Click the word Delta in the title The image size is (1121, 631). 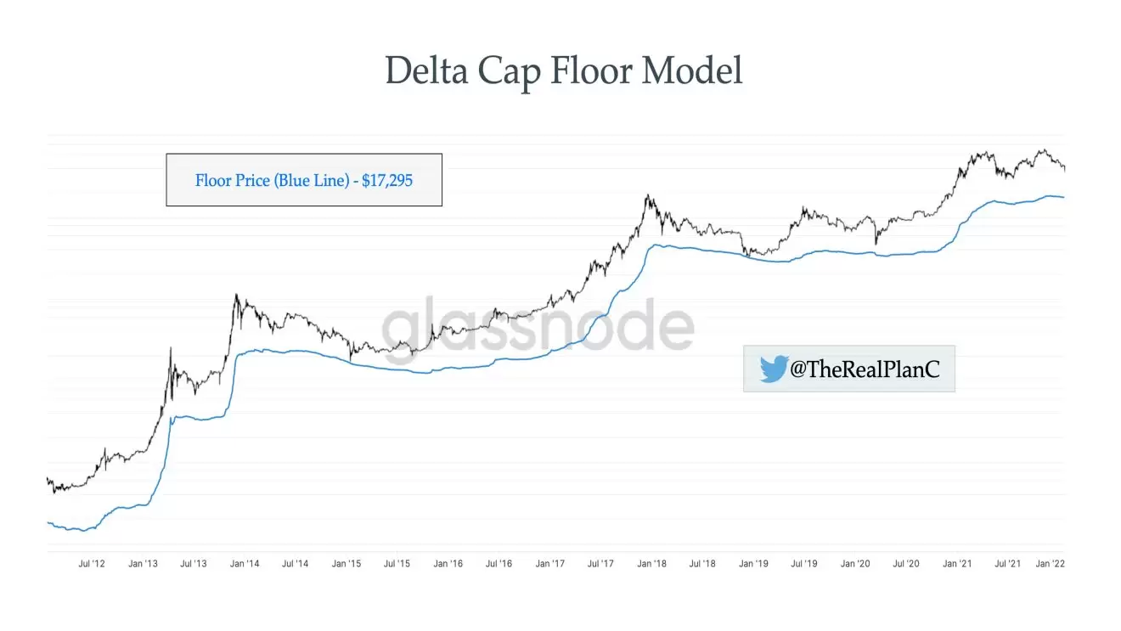click(425, 70)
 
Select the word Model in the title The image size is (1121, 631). click(691, 70)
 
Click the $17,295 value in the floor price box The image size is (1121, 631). click(387, 180)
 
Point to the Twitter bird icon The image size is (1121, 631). click(773, 369)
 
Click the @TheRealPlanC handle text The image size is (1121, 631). click(865, 369)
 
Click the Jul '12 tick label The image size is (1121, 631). click(92, 563)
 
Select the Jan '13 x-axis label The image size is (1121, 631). click(143, 563)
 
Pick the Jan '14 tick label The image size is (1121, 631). click(245, 563)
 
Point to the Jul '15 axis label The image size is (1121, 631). click(397, 563)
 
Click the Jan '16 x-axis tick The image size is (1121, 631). click(448, 563)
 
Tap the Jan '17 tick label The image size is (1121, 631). click(549, 563)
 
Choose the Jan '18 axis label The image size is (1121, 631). click(651, 563)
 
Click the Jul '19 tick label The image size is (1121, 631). click(803, 563)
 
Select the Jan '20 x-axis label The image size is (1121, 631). click(854, 563)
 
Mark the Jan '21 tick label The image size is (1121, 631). click(957, 563)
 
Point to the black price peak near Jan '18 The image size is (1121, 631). click(648, 196)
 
